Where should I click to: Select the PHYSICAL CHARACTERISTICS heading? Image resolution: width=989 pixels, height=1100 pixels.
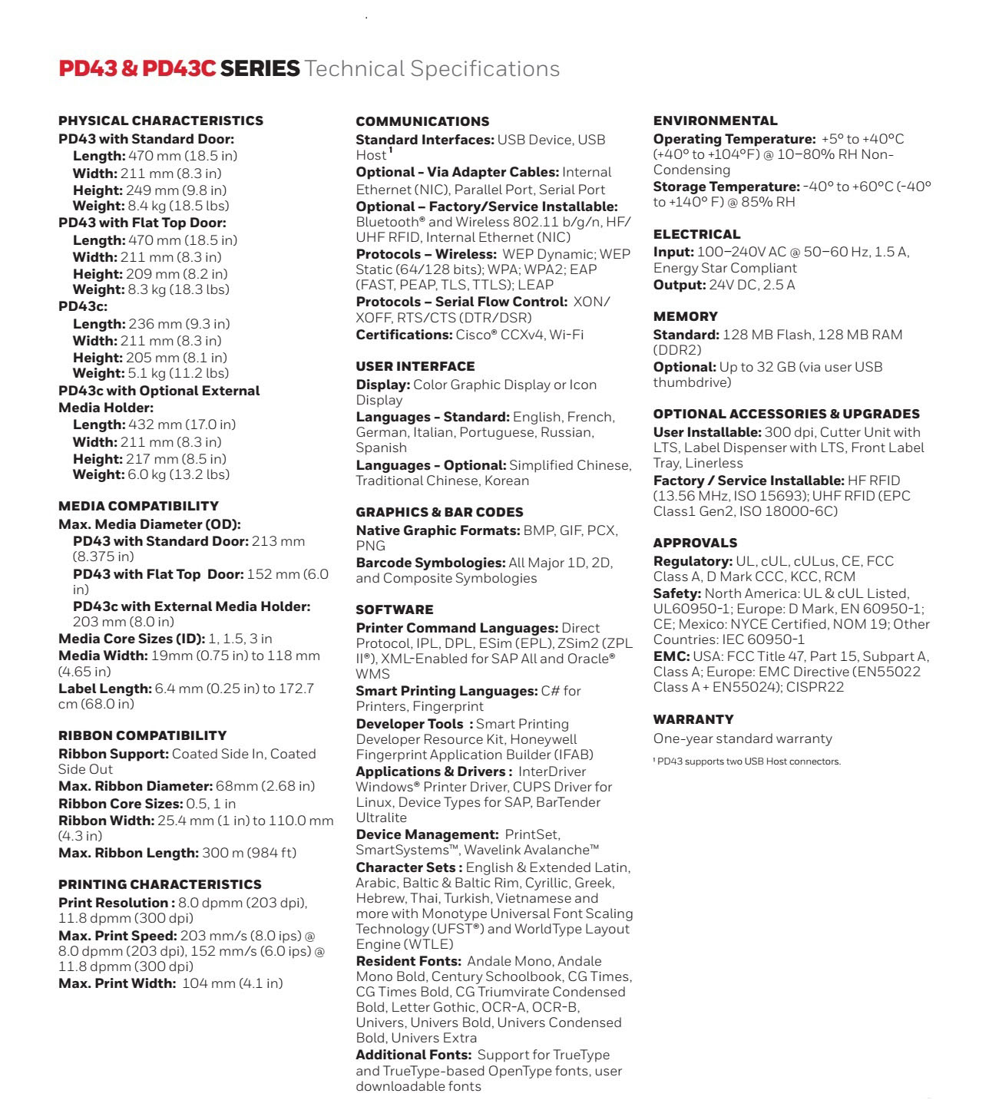click(x=160, y=121)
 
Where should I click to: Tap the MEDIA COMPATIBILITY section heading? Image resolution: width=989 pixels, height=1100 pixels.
click(x=138, y=506)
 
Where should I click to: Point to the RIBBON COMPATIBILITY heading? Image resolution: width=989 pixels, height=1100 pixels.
click(x=142, y=735)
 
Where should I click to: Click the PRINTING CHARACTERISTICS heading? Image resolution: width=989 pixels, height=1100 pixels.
click(x=160, y=884)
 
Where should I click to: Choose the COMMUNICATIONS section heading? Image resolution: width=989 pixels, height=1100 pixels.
click(x=422, y=121)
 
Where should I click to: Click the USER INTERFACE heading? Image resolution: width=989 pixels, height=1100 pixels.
click(x=415, y=366)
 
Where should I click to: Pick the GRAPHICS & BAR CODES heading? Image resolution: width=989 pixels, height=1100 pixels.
click(x=439, y=512)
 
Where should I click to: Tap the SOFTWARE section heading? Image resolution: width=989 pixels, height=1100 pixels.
click(x=394, y=609)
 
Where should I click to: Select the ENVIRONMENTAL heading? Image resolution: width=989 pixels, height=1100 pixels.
click(x=715, y=121)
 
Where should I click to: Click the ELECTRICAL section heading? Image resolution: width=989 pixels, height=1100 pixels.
click(x=696, y=234)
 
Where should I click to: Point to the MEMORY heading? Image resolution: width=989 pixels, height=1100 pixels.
click(x=685, y=316)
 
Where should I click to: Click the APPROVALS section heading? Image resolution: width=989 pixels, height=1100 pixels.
click(x=695, y=543)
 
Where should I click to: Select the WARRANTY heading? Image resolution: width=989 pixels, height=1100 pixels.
click(x=693, y=719)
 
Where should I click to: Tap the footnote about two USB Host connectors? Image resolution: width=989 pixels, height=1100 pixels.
click(x=747, y=761)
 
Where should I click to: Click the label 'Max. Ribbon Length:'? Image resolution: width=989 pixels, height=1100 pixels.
click(x=128, y=853)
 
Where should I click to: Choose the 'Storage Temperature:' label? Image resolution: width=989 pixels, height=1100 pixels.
click(x=726, y=187)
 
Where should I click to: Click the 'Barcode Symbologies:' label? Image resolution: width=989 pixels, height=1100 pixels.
click(x=430, y=563)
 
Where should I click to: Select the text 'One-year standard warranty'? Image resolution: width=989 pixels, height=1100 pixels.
click(x=743, y=738)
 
